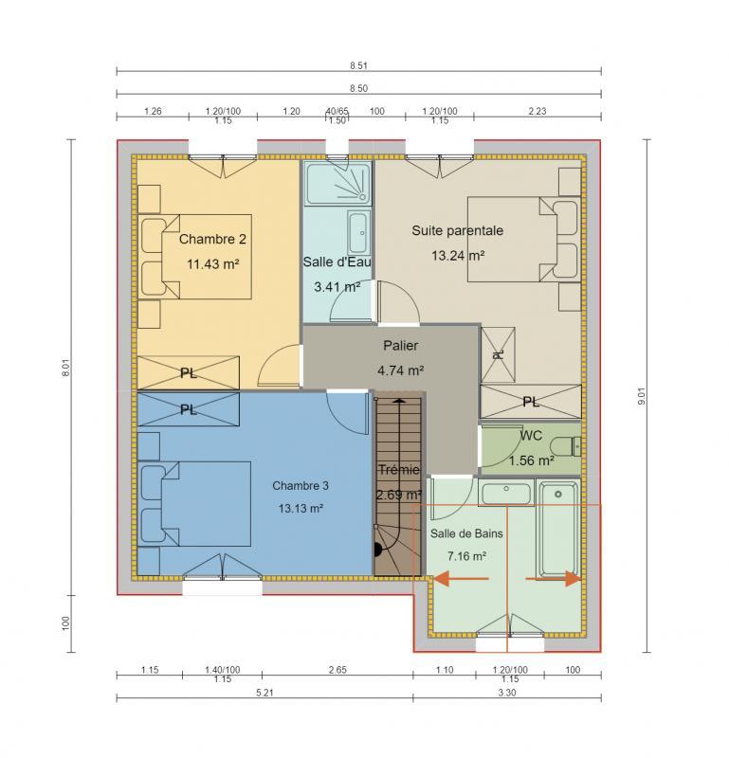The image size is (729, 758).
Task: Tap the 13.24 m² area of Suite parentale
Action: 458,255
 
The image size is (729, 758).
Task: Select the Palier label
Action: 400,346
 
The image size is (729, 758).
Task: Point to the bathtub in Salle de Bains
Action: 557,530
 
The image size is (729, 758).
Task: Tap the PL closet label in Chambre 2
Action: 188,373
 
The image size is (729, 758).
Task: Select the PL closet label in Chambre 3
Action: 188,410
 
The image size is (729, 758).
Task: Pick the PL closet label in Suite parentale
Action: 531,402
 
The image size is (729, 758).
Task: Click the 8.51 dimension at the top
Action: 358,65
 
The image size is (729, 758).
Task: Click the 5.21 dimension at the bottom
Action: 264,694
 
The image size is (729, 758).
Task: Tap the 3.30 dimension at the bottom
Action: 507,694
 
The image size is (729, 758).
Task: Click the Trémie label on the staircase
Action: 398,470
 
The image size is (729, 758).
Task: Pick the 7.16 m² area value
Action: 466,556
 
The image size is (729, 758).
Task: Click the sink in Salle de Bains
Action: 505,492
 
